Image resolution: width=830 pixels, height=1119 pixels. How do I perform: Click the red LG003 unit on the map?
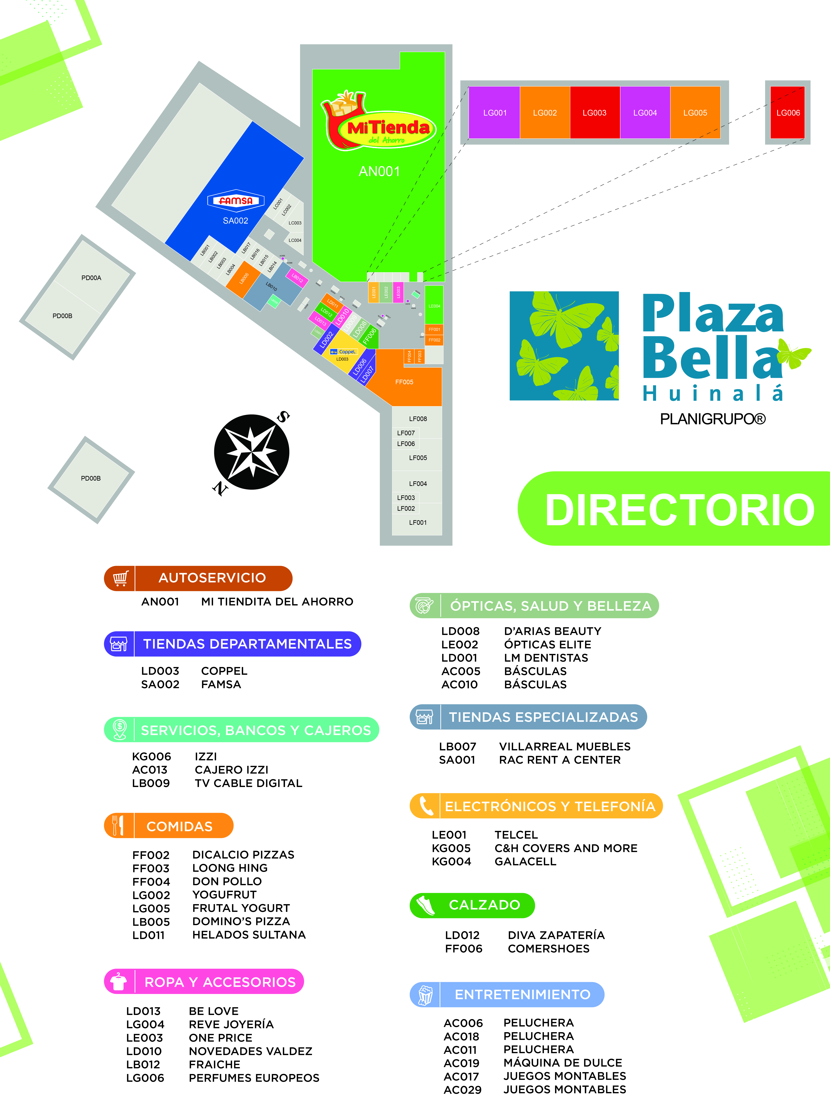pos(594,113)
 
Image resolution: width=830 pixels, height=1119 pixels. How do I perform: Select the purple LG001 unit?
pos(494,113)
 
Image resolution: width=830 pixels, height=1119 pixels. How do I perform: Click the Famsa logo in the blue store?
pos(236,200)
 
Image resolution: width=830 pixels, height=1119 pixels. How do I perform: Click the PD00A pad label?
pos(91,278)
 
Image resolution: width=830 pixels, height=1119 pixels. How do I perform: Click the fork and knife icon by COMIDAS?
pos(119,825)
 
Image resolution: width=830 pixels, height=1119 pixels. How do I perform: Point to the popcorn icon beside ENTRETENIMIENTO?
pos(425,994)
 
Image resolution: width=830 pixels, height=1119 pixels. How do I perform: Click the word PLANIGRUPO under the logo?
pos(712,419)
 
